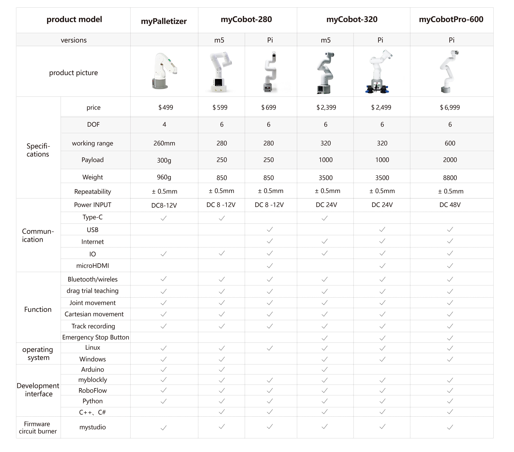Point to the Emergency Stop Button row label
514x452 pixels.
pyautogui.click(x=96, y=337)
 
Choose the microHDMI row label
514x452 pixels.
pyautogui.click(x=93, y=265)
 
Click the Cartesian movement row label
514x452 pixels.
pyautogui.click(x=94, y=314)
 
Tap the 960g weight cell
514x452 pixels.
pyautogui.click(x=164, y=177)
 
